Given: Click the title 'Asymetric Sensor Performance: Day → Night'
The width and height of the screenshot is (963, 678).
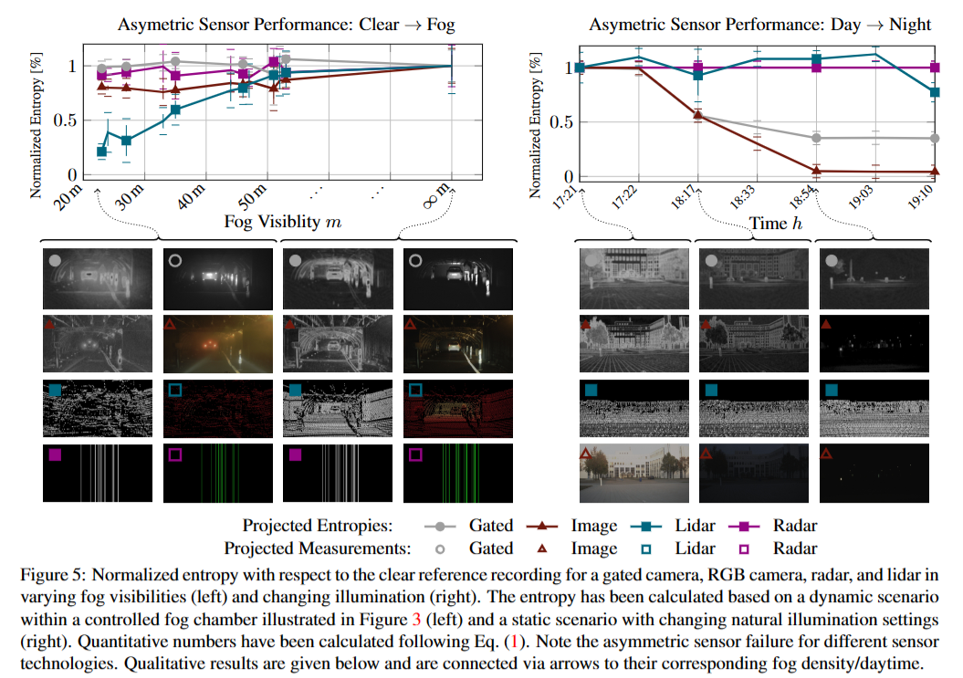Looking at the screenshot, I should coord(760,26).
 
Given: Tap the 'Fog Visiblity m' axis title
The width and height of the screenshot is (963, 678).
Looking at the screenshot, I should coord(283,222).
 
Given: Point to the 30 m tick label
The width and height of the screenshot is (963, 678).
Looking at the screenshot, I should coord(132,198).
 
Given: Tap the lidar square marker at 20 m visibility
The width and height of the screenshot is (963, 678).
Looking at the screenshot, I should coord(102,151).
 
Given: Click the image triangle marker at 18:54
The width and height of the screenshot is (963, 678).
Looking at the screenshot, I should coord(816,171).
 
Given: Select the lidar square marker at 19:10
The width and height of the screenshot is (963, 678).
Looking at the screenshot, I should coord(933,92).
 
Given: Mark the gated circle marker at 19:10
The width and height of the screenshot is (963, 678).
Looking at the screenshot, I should coord(933,139).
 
